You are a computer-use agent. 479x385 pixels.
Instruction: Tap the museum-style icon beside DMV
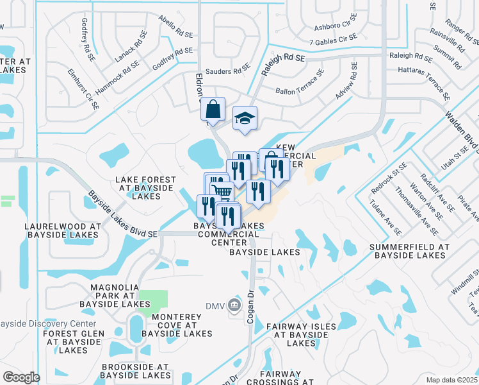(234, 305)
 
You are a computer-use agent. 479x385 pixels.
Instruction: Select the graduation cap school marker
(245, 119)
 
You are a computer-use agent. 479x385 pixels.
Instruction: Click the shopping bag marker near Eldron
(213, 108)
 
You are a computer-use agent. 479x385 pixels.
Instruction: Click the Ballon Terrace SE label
(300, 91)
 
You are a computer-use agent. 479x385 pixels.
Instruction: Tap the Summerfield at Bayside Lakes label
(410, 251)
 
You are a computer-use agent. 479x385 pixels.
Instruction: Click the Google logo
(21, 377)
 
